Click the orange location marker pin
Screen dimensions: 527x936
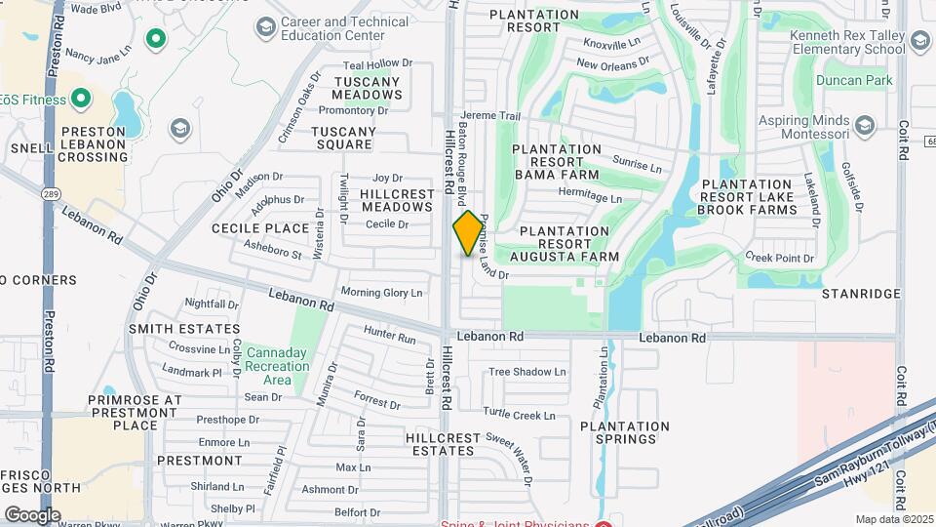click(468, 233)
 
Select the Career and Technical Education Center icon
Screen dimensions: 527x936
click(264, 27)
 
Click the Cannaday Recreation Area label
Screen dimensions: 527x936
click(278, 366)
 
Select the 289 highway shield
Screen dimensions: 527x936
click(49, 194)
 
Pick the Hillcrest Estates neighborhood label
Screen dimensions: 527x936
click(443, 445)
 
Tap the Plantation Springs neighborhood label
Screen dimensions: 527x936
click(625, 432)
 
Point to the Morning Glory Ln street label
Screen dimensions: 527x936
click(381, 293)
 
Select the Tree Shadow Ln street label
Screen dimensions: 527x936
click(526, 372)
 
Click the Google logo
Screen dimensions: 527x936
click(32, 514)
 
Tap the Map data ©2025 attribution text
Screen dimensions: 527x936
click(894, 519)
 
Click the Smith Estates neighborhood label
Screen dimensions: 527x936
click(184, 330)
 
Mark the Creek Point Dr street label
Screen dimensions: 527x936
click(779, 258)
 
